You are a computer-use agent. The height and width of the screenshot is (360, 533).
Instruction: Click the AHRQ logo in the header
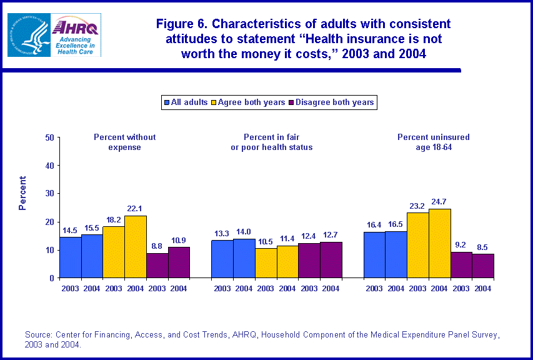[76, 35]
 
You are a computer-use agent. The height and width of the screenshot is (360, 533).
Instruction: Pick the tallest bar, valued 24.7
[439, 243]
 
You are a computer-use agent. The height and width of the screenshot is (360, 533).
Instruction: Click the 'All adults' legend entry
[186, 102]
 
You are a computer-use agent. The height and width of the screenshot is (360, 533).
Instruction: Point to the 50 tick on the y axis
[48, 137]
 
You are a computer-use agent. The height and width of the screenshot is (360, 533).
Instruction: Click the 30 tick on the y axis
[48, 194]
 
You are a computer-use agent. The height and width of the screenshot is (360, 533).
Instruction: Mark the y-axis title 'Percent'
[22, 194]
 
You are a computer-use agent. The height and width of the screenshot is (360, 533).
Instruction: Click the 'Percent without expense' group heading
[125, 142]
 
